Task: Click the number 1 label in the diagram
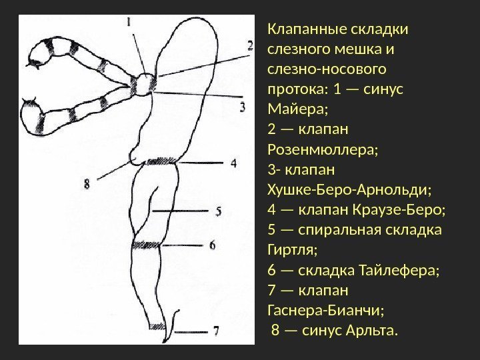point(129,21)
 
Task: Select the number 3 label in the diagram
point(243,106)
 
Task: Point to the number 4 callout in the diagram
point(233,162)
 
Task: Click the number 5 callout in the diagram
point(217,211)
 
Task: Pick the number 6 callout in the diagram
point(212,245)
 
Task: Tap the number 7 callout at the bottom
point(215,329)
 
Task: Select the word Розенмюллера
point(322,146)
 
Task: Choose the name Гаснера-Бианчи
point(325,309)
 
